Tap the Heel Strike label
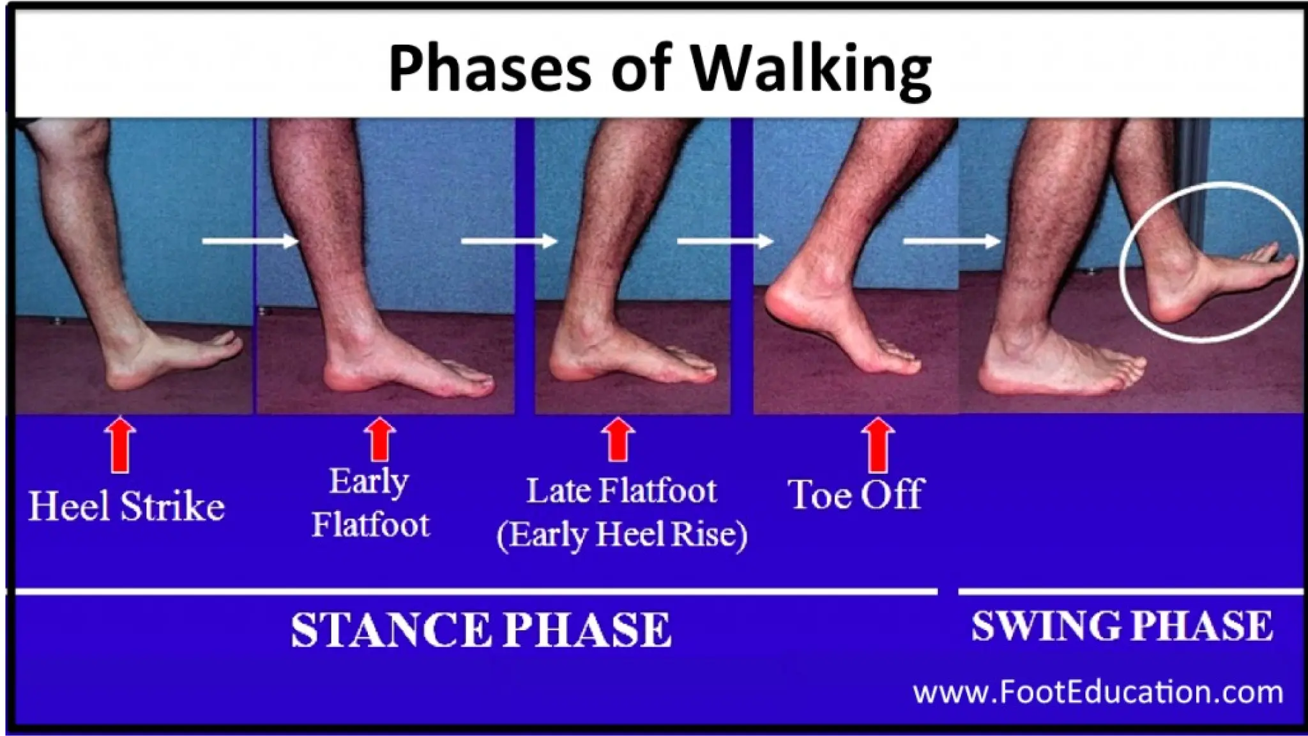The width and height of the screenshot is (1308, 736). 126,507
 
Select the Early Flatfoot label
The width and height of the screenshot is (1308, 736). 370,503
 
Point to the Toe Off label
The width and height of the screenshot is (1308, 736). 856,494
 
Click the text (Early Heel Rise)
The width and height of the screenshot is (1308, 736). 621,535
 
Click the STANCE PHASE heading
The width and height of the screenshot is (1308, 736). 480,630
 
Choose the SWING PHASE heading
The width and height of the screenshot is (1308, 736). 1122,626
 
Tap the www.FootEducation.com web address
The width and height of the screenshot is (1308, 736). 1098,693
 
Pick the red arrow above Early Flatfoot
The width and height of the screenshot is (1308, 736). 380,440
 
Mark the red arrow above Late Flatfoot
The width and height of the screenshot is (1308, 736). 618,440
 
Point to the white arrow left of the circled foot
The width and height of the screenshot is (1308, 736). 952,241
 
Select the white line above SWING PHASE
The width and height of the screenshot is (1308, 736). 1130,592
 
